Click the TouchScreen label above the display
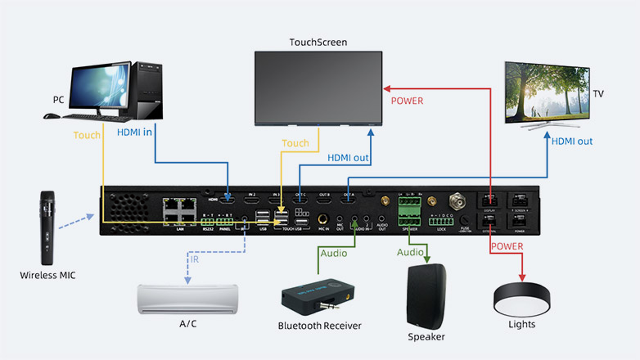pyautogui.click(x=318, y=42)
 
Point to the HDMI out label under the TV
pyautogui.click(x=571, y=141)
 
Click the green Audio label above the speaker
pyautogui.click(x=410, y=253)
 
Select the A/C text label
pyautogui.click(x=188, y=324)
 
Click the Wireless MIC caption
pyautogui.click(x=47, y=275)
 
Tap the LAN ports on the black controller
pyautogui.click(x=178, y=210)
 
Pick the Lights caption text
pyautogui.click(x=521, y=325)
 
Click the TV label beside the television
pyautogui.click(x=598, y=94)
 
